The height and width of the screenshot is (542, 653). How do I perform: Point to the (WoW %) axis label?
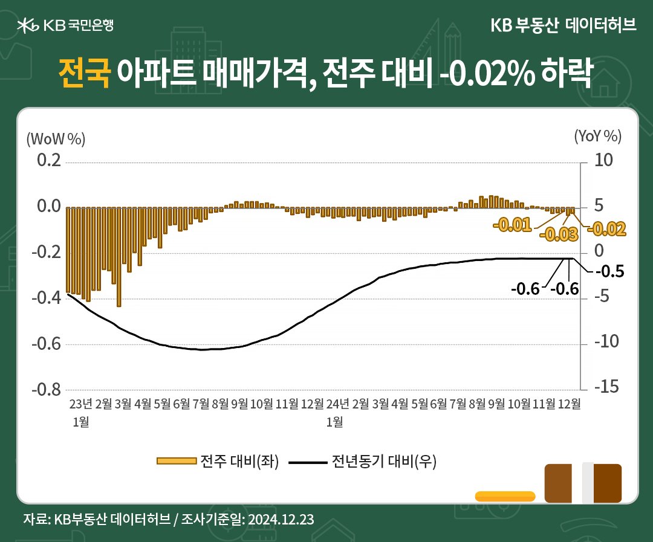tap(56, 138)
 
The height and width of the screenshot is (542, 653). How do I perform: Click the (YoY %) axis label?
tap(597, 136)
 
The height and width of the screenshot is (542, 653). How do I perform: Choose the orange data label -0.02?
tap(606, 228)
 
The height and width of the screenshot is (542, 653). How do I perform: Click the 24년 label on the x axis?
tap(337, 404)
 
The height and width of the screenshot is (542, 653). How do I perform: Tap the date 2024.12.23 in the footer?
tap(279, 519)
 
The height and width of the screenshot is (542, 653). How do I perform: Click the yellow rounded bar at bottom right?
tap(505, 497)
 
